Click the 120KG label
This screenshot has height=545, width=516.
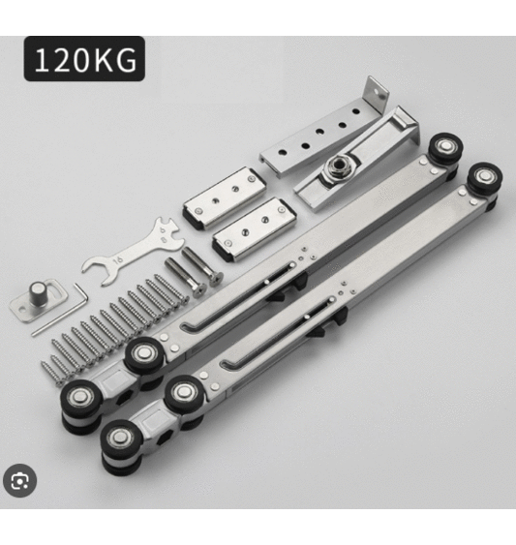84,59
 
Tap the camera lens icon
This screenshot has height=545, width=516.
19,481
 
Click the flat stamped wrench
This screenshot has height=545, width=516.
132,251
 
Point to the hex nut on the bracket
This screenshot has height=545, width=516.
337,167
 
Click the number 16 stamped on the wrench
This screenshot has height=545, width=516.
118,260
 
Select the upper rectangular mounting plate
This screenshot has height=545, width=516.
225,197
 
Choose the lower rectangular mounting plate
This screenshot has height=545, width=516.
255,228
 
